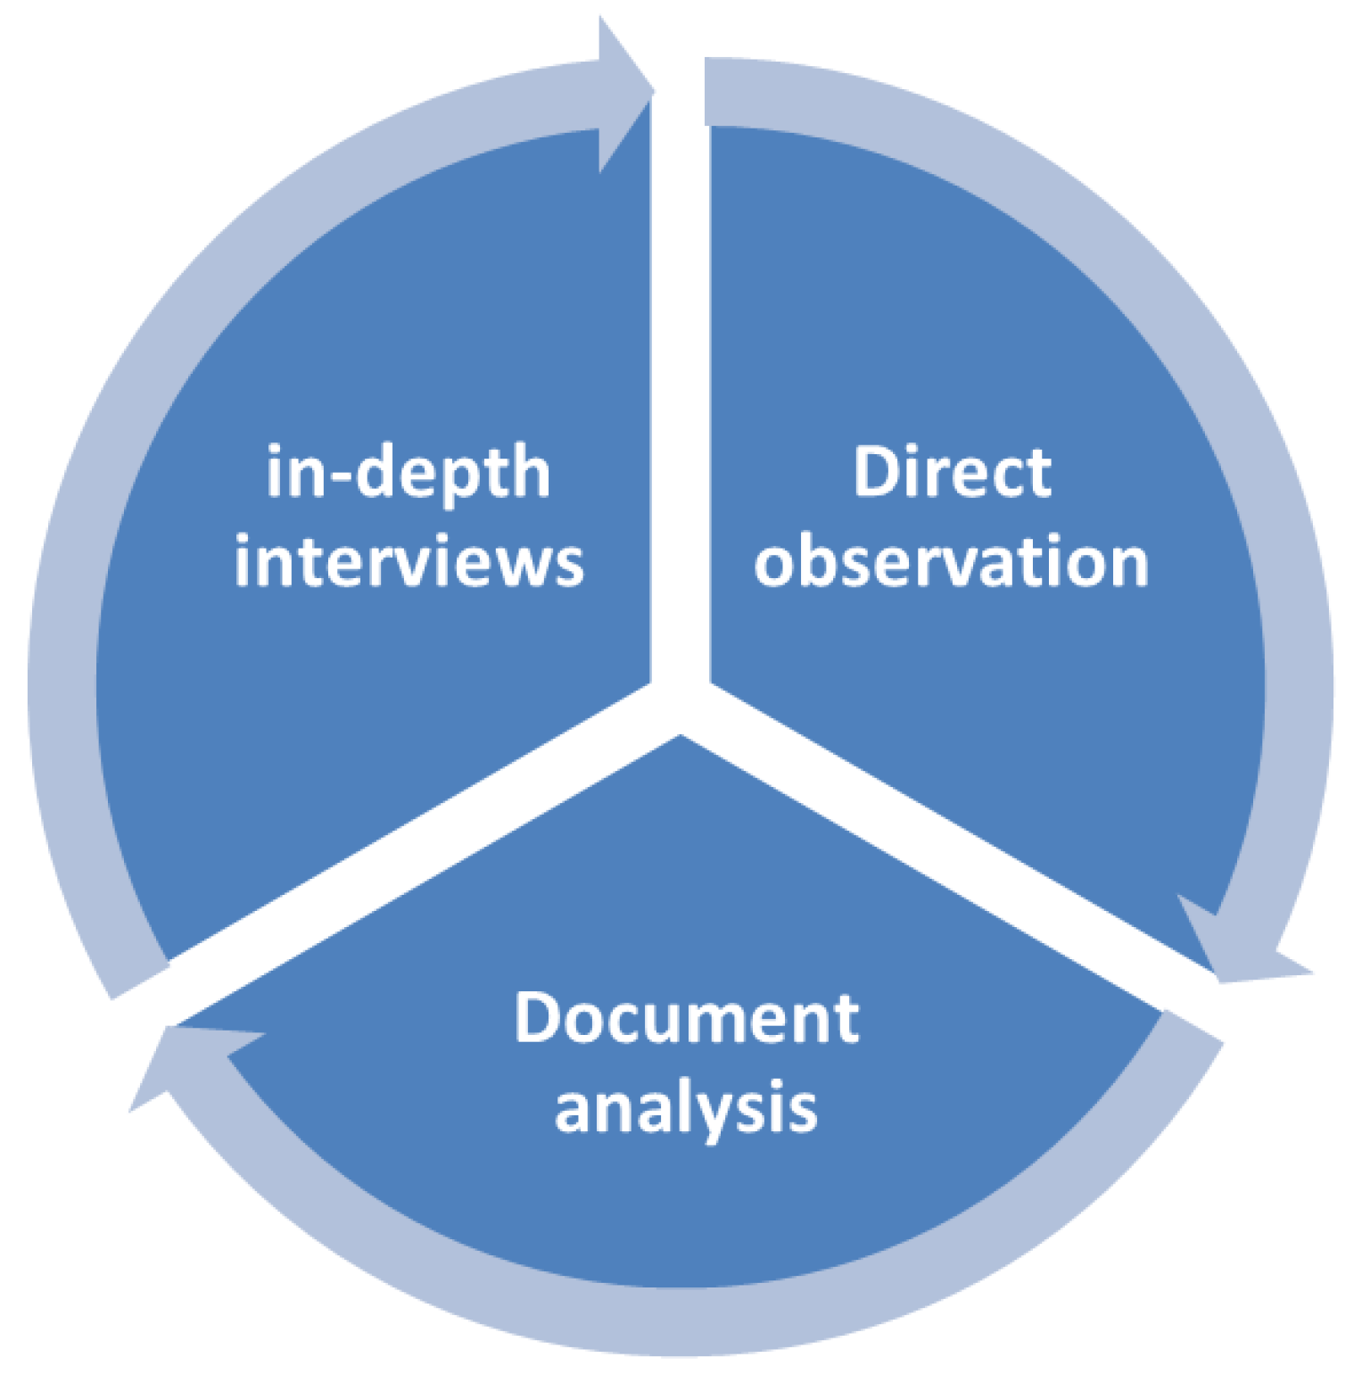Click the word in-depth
(x=408, y=474)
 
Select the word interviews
(x=409, y=562)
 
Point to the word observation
(x=952, y=562)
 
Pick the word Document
(x=686, y=1018)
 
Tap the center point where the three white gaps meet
(x=681, y=705)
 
